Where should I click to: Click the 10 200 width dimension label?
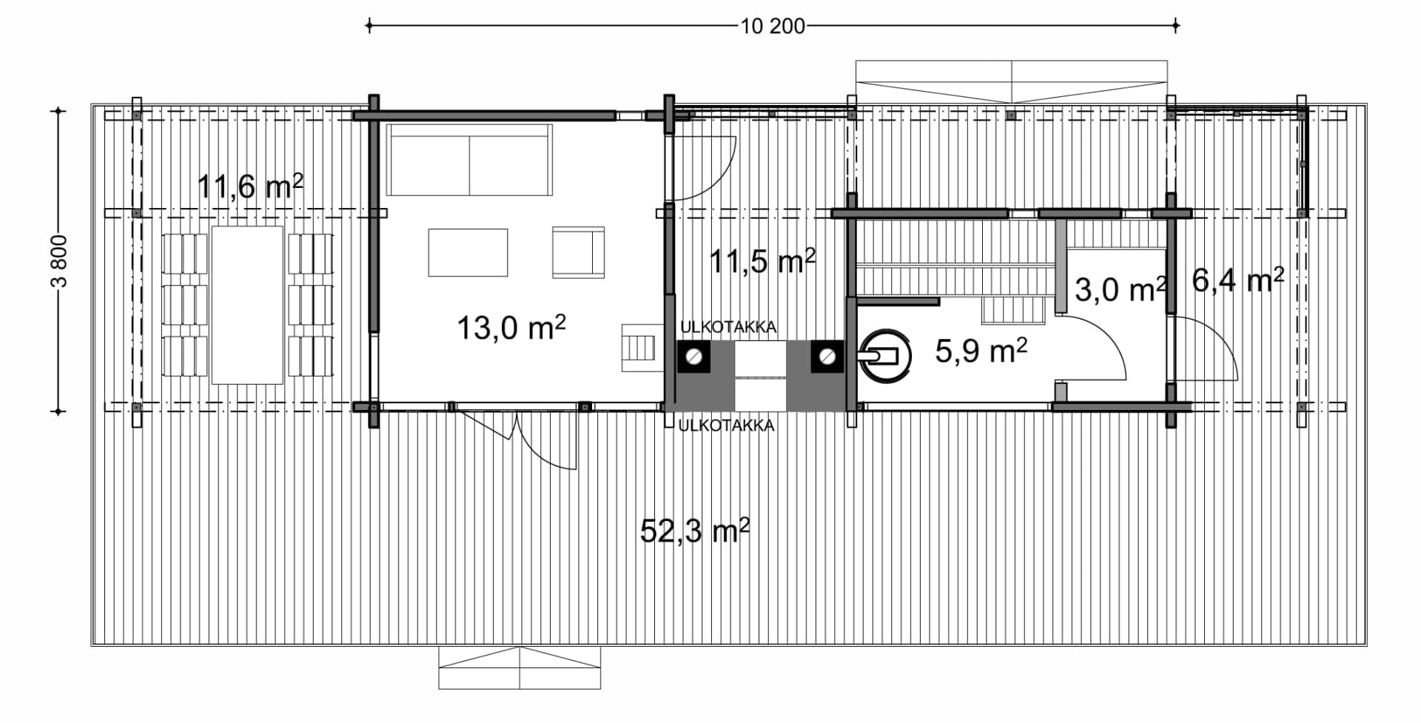pos(773,27)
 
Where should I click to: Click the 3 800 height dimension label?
pos(60,261)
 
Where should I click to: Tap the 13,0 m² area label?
pos(511,327)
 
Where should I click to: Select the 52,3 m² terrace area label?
pos(694,531)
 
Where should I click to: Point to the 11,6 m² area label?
pos(250,186)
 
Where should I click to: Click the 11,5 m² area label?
pos(762,261)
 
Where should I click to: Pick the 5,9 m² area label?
pos(981,351)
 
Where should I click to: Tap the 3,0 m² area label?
pos(1121,289)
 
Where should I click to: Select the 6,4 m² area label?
pos(1238,280)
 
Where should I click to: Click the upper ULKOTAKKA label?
pos(728,327)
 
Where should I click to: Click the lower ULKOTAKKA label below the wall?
pos(727,426)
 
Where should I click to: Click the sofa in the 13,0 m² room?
pos(469,160)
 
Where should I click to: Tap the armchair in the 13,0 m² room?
pos(578,252)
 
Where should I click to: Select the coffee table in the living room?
pos(468,252)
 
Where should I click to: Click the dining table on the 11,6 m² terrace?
pos(247,305)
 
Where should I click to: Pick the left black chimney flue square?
pos(694,357)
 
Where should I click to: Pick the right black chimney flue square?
pos(826,357)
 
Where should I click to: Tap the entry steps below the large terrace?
pos(520,668)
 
